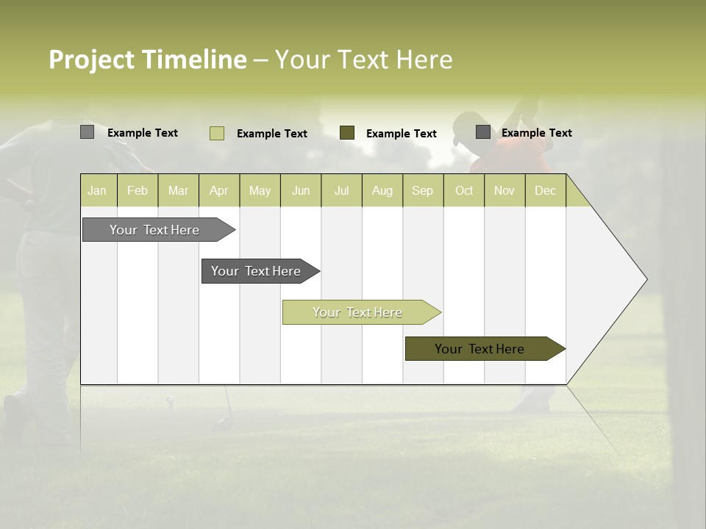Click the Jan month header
(x=98, y=191)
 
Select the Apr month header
(x=219, y=191)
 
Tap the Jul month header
(x=342, y=191)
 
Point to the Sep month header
(x=423, y=191)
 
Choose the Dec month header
(x=545, y=191)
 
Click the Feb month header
(x=138, y=191)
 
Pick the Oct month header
(x=464, y=191)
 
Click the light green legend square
(x=217, y=133)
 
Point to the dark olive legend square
(x=347, y=133)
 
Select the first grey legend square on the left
(x=87, y=132)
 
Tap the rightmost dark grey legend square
(x=483, y=132)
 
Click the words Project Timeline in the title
(x=148, y=60)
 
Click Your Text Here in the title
(x=363, y=60)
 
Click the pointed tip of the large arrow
(x=646, y=279)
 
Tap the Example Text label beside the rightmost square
(x=537, y=133)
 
